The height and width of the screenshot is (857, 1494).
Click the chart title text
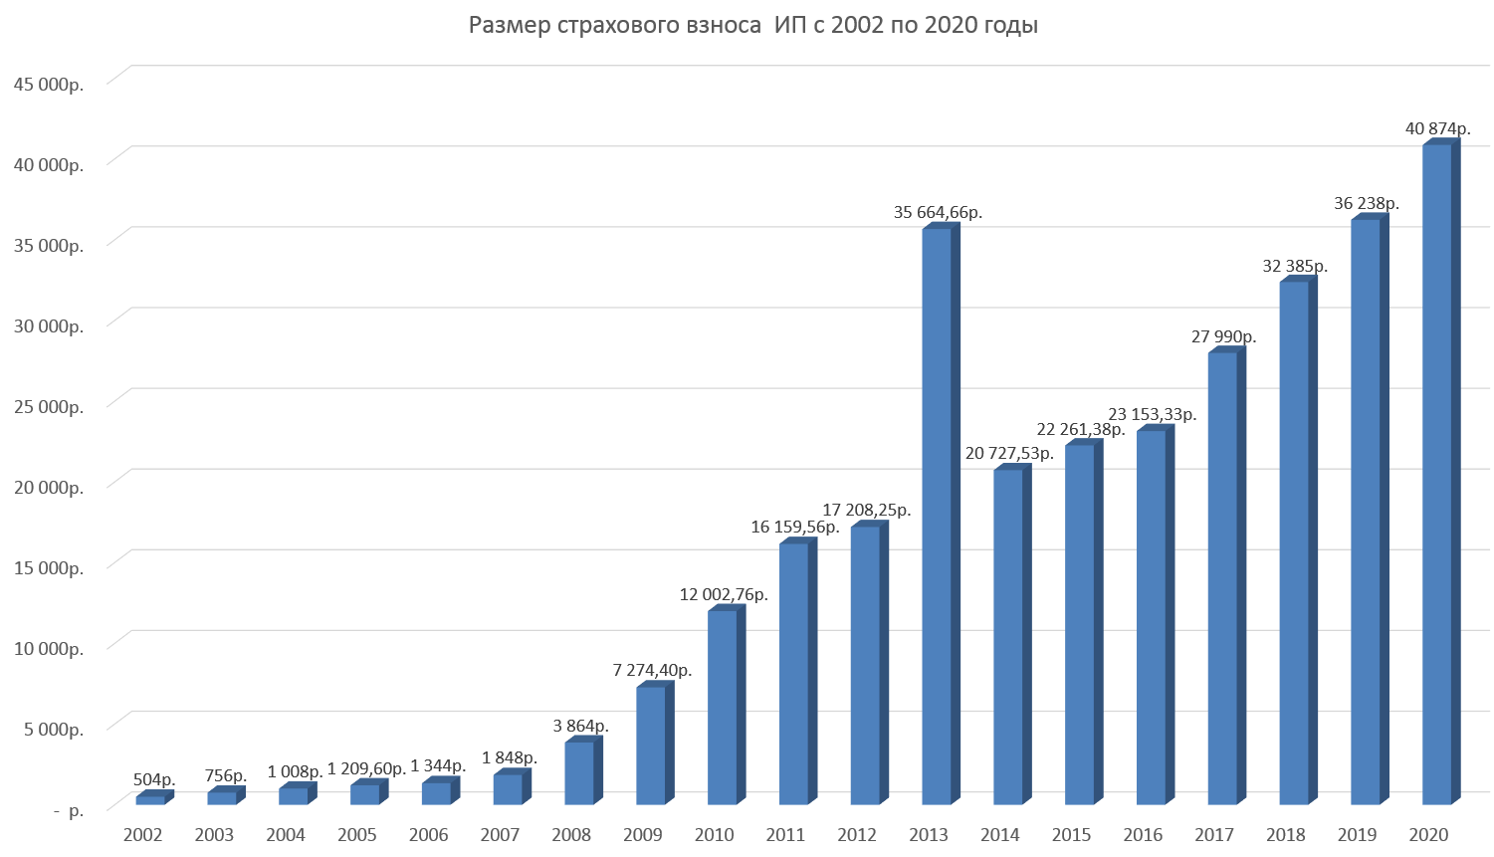point(753,26)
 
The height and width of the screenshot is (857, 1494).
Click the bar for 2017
point(1222,577)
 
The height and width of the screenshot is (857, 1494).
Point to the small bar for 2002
point(150,799)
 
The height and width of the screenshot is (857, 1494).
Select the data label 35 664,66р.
point(938,212)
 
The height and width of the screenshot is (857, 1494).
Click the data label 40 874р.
point(1437,128)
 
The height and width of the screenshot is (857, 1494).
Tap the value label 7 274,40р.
point(652,671)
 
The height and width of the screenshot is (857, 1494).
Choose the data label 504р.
point(154,779)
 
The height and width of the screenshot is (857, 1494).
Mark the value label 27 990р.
point(1223,336)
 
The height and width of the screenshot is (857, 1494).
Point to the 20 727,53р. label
point(1009,453)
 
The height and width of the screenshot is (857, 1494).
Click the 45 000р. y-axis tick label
point(48,85)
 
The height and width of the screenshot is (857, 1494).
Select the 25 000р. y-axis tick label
point(48,407)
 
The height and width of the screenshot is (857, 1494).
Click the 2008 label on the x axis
point(571,835)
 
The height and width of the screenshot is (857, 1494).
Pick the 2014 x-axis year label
point(999,835)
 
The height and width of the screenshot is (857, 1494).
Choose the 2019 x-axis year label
point(1357,835)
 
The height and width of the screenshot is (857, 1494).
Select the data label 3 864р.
point(580,726)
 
